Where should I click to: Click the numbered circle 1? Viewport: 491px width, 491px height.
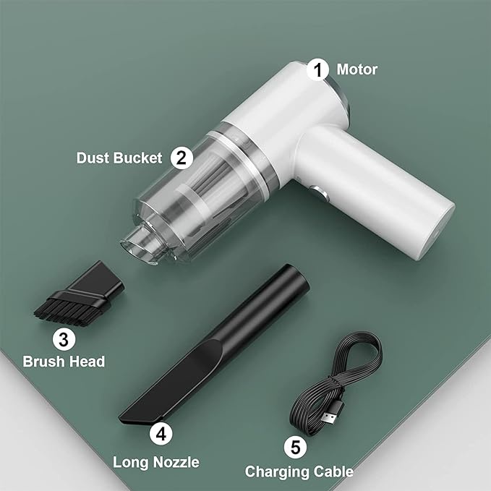[317, 70]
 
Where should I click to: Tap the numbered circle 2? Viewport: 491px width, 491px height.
[182, 158]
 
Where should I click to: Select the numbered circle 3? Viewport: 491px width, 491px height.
[64, 339]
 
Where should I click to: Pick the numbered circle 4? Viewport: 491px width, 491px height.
[161, 434]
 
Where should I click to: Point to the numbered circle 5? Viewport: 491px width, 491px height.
[296, 447]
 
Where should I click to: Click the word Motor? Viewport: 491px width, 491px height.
[357, 69]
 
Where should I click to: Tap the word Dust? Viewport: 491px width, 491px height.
[93, 158]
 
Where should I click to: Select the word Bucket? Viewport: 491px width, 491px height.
[138, 158]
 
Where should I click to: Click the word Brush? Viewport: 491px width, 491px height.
[43, 362]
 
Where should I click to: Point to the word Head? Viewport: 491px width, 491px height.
[87, 362]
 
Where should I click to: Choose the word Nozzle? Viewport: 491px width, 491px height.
[177, 462]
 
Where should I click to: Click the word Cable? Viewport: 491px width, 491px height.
[333, 471]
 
